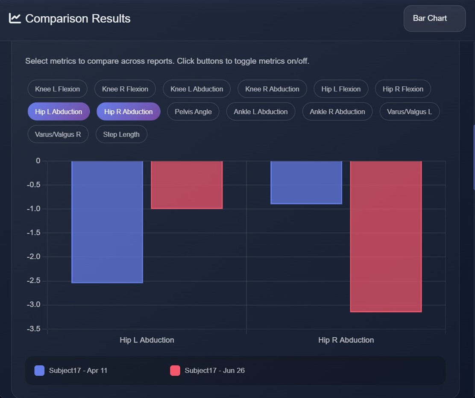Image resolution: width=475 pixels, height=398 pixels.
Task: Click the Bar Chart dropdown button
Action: pyautogui.click(x=434, y=18)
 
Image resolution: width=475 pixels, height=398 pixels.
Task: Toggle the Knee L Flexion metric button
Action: pyautogui.click(x=57, y=89)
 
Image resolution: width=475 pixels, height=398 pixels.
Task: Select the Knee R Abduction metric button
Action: pyautogui.click(x=272, y=89)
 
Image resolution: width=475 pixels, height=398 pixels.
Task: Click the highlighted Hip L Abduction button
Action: pyautogui.click(x=59, y=112)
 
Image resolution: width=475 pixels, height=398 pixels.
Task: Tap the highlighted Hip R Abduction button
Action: pyautogui.click(x=128, y=112)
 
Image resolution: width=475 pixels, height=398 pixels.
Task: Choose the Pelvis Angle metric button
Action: pyautogui.click(x=193, y=112)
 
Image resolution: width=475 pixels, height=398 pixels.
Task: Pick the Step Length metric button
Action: pyautogui.click(x=121, y=134)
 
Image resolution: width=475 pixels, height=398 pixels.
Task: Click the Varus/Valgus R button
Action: pyautogui.click(x=58, y=134)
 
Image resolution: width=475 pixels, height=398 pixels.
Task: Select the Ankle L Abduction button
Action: pyautogui.click(x=261, y=112)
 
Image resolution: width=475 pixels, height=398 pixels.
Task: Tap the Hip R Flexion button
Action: pyautogui.click(x=403, y=89)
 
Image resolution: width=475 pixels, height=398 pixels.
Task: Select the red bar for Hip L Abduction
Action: pyautogui.click(x=187, y=185)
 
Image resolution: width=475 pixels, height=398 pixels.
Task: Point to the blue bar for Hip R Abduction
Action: pyautogui.click(x=306, y=182)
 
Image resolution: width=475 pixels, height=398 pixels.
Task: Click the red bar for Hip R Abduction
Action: pyautogui.click(x=386, y=236)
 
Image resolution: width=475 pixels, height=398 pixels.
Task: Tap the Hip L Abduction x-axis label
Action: pyautogui.click(x=147, y=340)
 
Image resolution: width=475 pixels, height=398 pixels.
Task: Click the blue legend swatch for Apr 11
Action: pyautogui.click(x=39, y=371)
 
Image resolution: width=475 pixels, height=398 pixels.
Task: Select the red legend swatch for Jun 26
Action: pyautogui.click(x=175, y=371)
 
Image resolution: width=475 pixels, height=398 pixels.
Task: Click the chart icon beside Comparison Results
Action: pyautogui.click(x=15, y=18)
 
